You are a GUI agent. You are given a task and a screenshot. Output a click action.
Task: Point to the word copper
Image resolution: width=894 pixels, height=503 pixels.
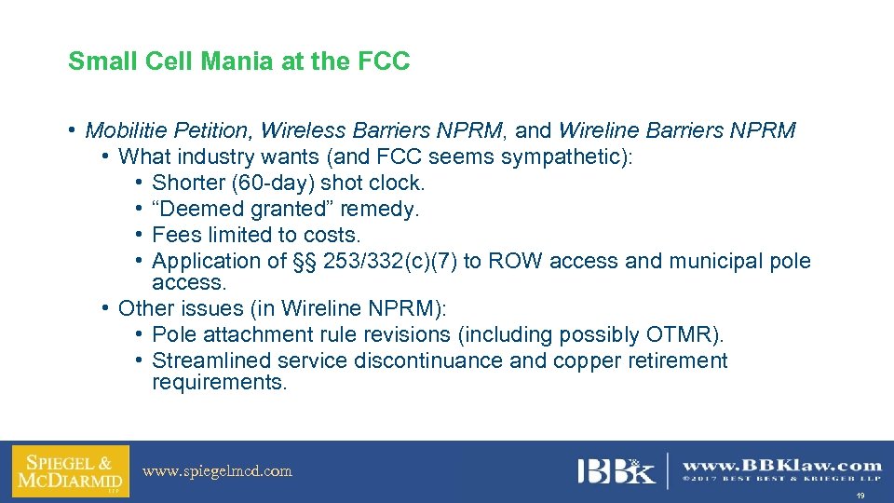[586, 360]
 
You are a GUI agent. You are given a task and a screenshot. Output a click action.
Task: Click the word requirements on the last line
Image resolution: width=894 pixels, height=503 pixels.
[220, 382]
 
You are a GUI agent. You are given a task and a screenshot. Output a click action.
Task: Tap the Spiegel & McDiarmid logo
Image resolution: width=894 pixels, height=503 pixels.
[71, 471]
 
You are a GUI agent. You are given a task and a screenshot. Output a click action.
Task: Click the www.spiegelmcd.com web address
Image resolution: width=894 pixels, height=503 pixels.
[217, 471]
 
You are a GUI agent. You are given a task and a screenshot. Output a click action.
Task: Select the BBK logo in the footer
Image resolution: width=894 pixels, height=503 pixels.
[616, 471]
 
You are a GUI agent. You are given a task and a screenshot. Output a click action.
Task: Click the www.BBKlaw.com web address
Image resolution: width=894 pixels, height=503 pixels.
[782, 465]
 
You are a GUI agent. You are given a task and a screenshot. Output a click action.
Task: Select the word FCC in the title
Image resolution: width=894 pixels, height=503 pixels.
[384, 62]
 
